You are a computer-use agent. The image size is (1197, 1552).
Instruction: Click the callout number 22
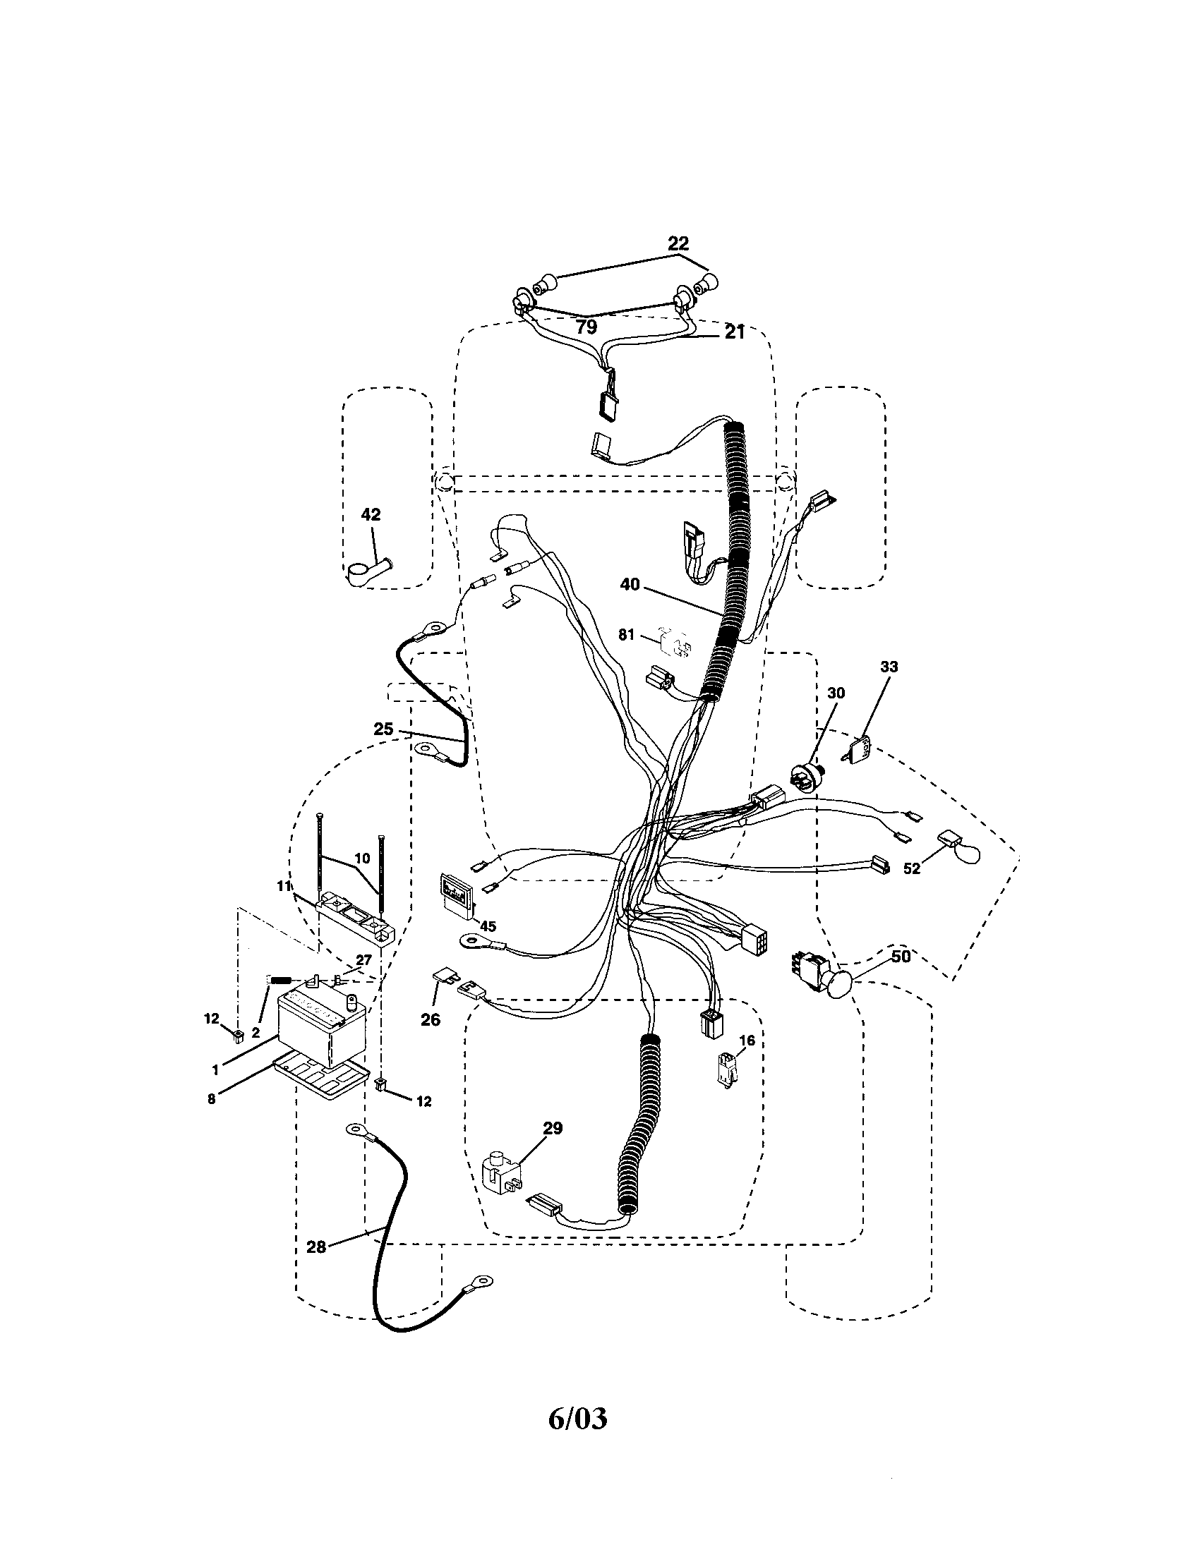click(678, 243)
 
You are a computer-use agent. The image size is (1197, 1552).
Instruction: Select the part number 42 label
click(371, 514)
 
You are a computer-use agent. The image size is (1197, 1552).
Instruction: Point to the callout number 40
click(630, 584)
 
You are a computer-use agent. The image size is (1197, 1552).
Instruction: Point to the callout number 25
click(383, 729)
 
